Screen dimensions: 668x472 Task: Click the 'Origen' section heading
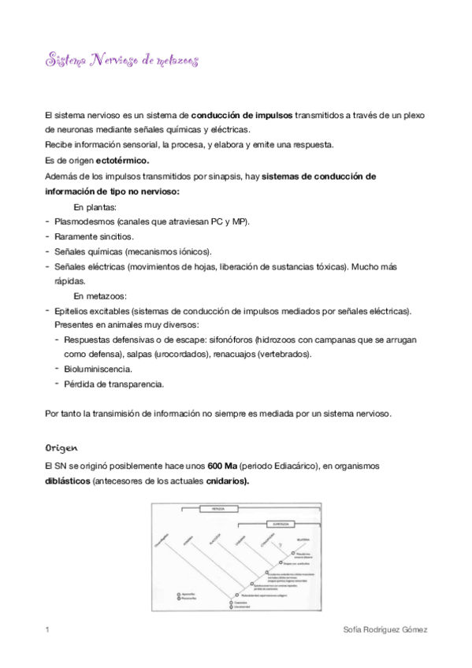[x=62, y=447]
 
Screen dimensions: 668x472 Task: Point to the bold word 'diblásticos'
[x=68, y=481]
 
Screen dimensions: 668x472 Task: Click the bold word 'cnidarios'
[x=227, y=481]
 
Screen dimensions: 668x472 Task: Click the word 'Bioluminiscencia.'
[x=98, y=369]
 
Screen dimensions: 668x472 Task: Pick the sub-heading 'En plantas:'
[x=95, y=206]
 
